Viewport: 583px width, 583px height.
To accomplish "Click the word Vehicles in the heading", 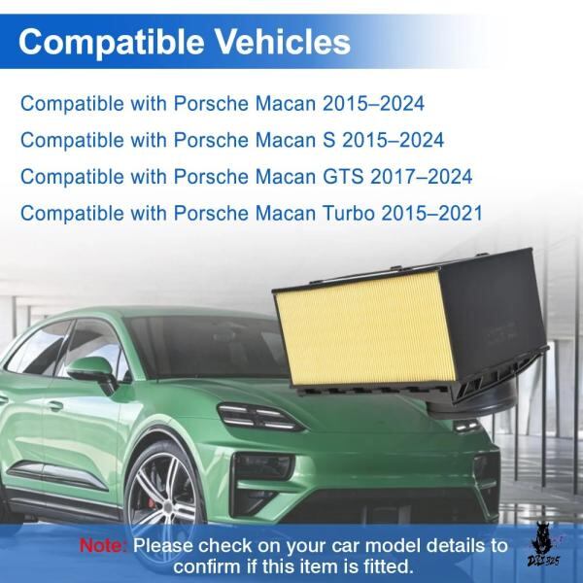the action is [283, 41].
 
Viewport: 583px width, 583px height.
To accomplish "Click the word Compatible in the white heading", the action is [111, 43].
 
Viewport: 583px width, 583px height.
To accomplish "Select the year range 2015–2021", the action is [432, 214].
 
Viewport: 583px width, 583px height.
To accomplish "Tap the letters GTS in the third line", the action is [343, 177].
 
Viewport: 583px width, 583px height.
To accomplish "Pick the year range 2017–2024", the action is [422, 177].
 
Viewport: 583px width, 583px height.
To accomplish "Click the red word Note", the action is [103, 546].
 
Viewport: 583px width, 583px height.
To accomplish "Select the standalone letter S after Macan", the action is [328, 140].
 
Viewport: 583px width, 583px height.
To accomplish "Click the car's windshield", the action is [208, 346].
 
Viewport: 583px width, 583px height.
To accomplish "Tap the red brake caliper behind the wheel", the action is [152, 502].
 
